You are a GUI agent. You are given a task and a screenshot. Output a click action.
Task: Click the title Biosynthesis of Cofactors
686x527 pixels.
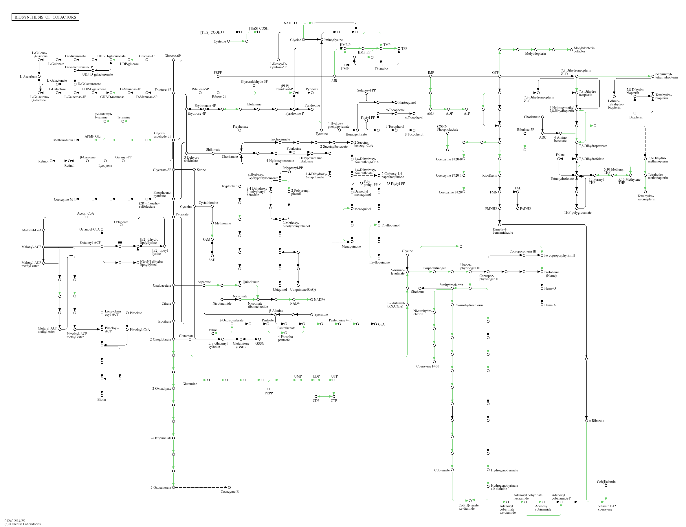pyautogui.click(x=45, y=17)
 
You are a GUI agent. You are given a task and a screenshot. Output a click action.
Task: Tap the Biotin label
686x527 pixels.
pyautogui.click(x=102, y=400)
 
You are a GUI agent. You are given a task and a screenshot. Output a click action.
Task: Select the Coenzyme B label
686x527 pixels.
pyautogui.click(x=230, y=492)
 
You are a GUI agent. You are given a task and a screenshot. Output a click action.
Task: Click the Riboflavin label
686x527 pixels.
pyautogui.click(x=489, y=175)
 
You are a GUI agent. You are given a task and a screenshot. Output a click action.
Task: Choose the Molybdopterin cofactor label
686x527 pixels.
pyautogui.click(x=584, y=50)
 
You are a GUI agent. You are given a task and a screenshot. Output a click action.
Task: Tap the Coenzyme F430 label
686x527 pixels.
pyautogui.click(x=427, y=366)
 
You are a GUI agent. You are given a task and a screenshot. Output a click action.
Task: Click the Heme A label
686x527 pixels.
pyautogui.click(x=550, y=305)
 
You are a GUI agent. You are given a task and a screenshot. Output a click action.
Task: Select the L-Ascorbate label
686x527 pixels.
pyautogui.click(x=28, y=76)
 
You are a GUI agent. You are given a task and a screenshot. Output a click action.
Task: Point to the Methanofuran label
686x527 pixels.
pyautogui.click(x=63, y=140)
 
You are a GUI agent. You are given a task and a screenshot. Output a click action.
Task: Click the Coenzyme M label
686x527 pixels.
pyautogui.click(x=63, y=200)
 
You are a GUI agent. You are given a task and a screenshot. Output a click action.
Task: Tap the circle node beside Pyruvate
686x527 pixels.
pyautogui.click(x=173, y=217)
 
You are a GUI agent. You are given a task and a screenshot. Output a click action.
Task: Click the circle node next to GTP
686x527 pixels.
pyautogui.click(x=500, y=76)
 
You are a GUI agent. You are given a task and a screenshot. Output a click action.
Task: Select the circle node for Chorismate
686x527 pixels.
pyautogui.click(x=240, y=153)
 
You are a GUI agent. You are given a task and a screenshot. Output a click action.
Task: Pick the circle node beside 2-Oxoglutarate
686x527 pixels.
pyautogui.click(x=173, y=339)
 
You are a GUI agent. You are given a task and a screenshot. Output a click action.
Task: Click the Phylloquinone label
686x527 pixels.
pyautogui.click(x=379, y=262)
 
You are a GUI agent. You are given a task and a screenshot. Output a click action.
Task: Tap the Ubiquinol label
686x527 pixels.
pyautogui.click(x=280, y=290)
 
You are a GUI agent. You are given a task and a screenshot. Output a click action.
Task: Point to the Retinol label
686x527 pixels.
pyautogui.click(x=43, y=161)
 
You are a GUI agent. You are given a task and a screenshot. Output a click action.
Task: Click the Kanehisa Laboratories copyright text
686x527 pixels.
pyautogui.click(x=22, y=524)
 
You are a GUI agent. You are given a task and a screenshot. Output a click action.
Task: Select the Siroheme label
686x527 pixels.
pyautogui.click(x=418, y=292)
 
